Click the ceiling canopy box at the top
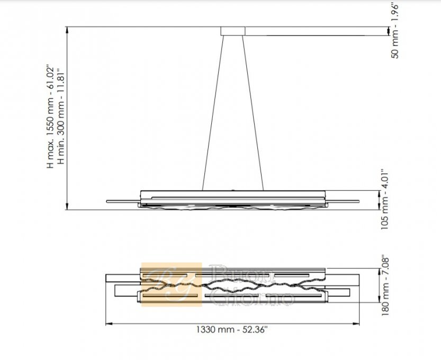pos(233,31)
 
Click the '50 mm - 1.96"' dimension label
pos(395,30)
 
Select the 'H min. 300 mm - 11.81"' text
pos(61,116)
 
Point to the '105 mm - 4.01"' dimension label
pos(384,200)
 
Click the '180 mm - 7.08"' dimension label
pos(385,285)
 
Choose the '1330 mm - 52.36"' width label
pos(232,329)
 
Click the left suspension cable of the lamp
pos(213,113)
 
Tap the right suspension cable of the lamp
pos(253,113)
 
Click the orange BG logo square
pos(172,284)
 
